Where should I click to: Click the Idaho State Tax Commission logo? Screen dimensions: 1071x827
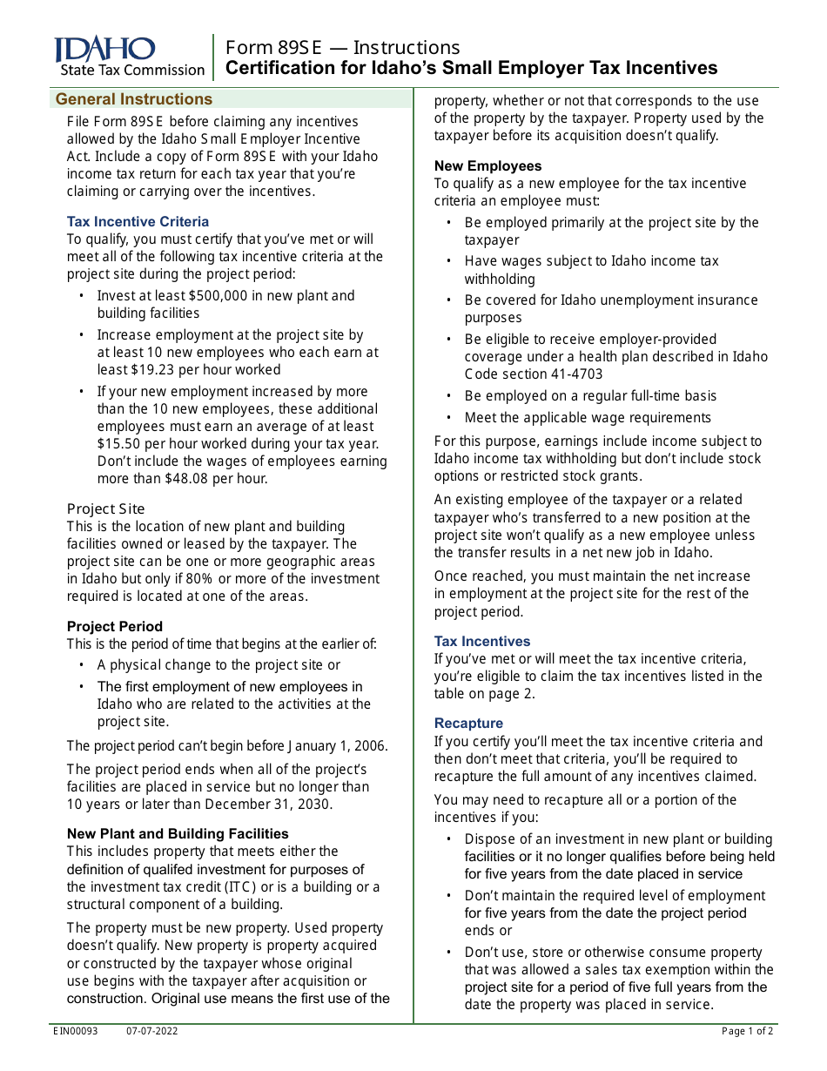coord(129,57)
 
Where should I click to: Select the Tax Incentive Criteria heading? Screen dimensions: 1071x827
coord(138,222)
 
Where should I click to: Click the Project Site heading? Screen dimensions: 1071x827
coord(105,509)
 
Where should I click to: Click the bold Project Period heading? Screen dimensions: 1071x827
coord(114,627)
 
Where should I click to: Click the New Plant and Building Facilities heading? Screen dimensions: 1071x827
coord(178,834)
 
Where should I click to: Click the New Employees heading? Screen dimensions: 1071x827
coord(487,166)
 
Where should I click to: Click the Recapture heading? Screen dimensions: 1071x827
coord(468,724)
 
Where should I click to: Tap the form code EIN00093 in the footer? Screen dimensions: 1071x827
coord(76,1032)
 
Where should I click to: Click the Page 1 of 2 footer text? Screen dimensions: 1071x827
coord(747,1032)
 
